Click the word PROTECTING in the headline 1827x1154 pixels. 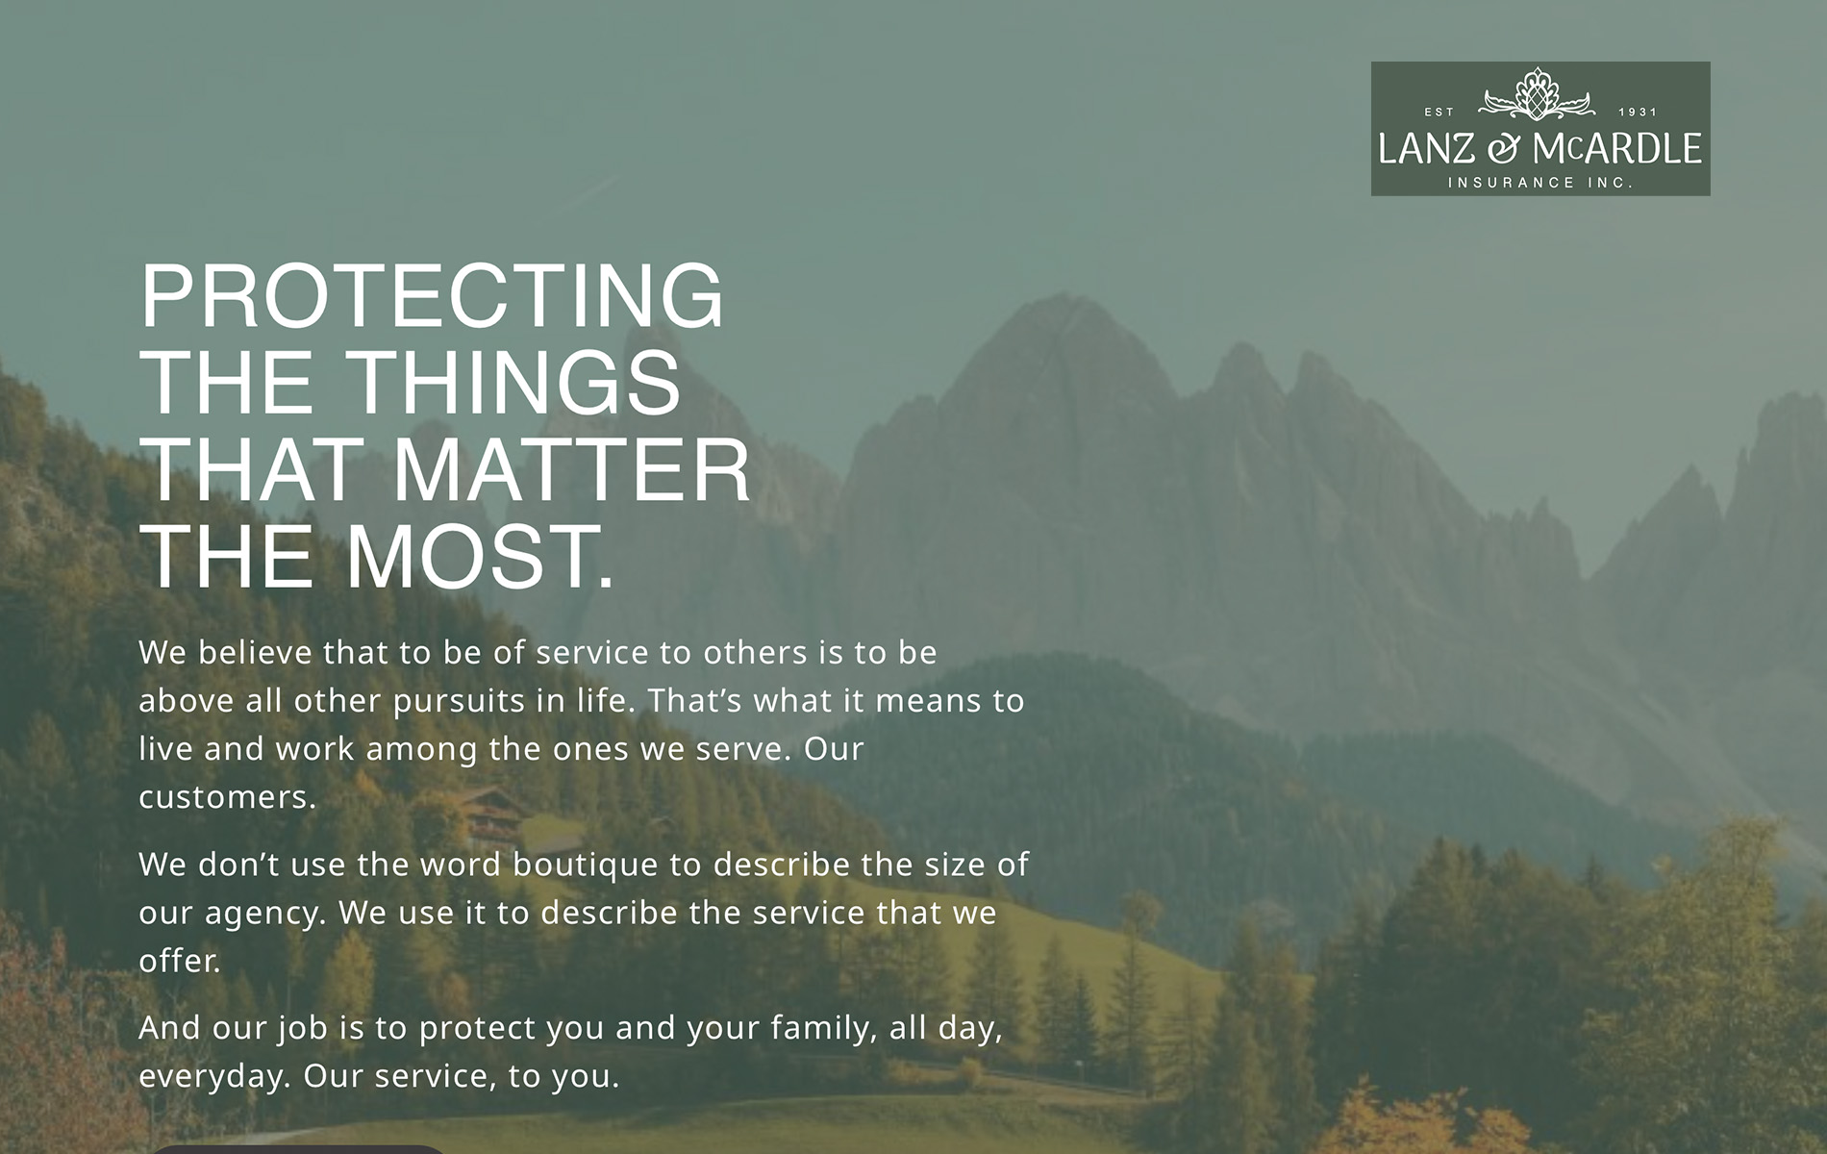[x=433, y=295]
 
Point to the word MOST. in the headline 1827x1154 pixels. [x=480, y=557]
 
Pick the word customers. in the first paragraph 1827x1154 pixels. [x=228, y=797]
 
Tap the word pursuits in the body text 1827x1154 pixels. [x=460, y=701]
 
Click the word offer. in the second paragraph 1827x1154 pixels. [x=180, y=960]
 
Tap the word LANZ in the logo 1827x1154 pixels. [x=1426, y=149]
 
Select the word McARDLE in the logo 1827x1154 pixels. [x=1617, y=149]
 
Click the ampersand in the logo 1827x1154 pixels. [x=1504, y=149]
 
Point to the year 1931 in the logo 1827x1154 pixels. [x=1638, y=113]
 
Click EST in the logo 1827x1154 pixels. [x=1439, y=113]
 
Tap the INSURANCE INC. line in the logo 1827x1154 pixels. [x=1540, y=183]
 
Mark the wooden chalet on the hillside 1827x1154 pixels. [x=491, y=815]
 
